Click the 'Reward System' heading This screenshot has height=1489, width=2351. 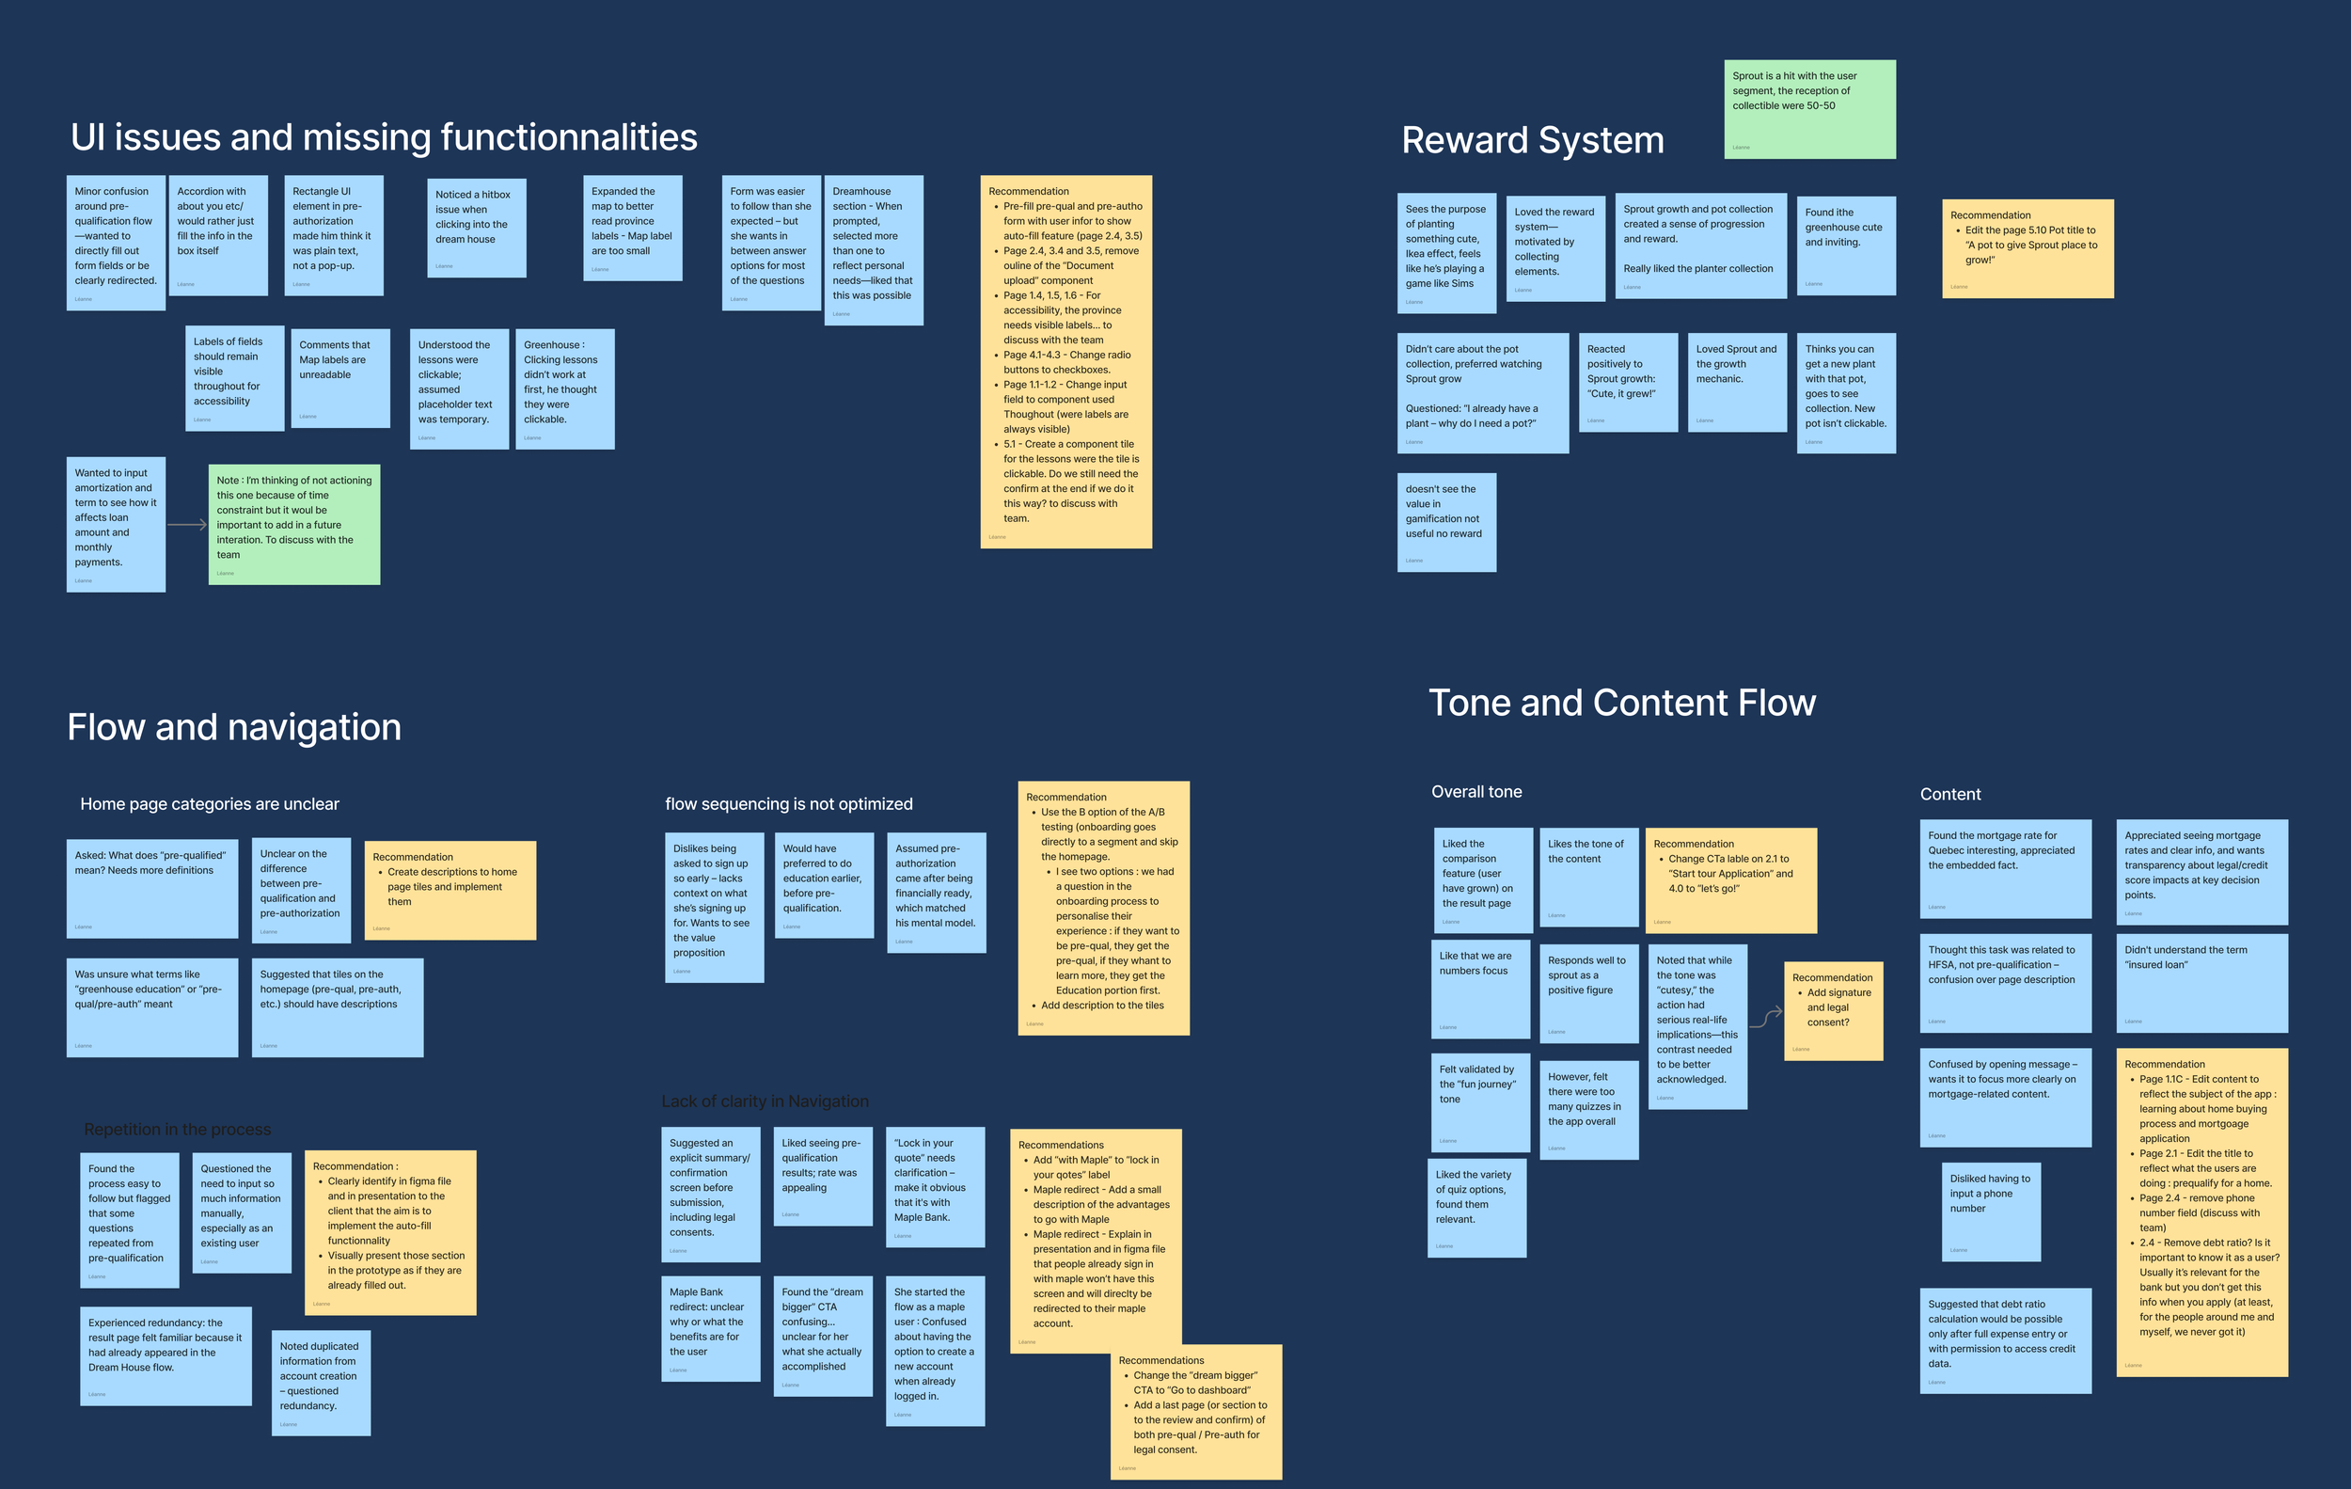coord(1532,140)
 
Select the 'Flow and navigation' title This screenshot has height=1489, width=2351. coord(234,727)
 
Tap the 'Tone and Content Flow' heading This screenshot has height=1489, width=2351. coord(1621,703)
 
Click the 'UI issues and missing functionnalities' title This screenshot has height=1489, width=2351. coord(384,137)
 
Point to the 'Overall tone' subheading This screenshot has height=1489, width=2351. coord(1476,792)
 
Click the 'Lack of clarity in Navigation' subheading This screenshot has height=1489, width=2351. coord(765,1101)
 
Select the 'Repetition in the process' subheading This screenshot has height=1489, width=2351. coord(178,1130)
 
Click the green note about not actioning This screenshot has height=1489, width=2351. coord(293,524)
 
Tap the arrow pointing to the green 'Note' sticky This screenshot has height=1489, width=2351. coord(186,524)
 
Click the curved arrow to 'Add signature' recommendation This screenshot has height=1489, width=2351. coord(1765,1019)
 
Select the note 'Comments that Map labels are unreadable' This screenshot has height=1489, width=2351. coord(339,378)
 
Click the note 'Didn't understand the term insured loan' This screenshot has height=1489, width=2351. coord(2201,982)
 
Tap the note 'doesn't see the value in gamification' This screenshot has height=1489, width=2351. coord(1446,522)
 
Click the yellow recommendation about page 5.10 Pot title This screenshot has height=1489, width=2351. coord(2027,248)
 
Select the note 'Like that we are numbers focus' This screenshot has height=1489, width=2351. coord(1480,990)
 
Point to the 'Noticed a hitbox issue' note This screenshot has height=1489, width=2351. coord(477,228)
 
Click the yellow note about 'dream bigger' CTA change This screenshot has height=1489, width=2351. coord(1195,1411)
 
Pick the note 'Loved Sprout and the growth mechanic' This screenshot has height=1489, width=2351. coord(1737,382)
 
